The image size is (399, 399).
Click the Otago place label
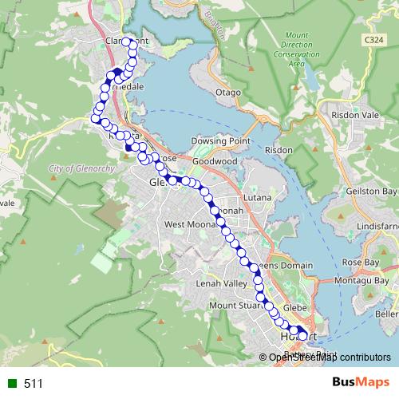click(227, 93)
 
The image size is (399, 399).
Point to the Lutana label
click(259, 197)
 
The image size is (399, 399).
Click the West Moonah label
click(186, 225)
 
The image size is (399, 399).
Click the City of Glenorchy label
click(78, 169)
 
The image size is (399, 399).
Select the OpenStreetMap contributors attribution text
click(330, 357)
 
